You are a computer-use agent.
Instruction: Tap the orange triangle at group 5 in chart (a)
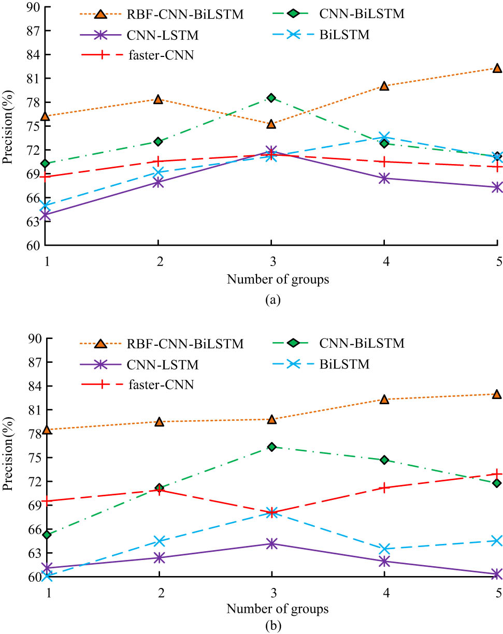497,68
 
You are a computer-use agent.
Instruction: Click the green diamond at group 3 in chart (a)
271,98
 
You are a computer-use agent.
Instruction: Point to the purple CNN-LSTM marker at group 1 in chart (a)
46,214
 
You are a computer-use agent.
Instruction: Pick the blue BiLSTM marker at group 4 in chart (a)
384,138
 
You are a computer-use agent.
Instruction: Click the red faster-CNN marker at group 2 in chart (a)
159,161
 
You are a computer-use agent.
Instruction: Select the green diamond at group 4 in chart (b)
384,460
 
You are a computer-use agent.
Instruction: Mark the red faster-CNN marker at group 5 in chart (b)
497,474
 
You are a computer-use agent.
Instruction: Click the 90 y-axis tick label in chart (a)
36,7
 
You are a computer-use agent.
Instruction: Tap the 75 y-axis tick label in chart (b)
36,458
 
